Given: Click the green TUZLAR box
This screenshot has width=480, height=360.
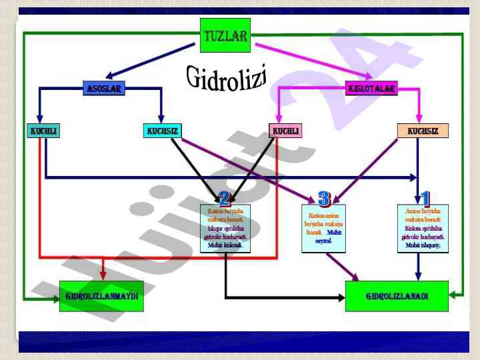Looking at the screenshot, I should [225, 35].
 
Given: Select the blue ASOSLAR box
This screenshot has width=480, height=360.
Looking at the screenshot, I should [105, 89].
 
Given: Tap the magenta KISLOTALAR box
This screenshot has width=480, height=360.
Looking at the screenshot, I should [371, 89].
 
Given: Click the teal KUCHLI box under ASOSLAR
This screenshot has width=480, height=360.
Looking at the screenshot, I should [44, 131].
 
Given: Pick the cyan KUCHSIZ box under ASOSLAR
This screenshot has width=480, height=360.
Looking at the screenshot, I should [163, 131].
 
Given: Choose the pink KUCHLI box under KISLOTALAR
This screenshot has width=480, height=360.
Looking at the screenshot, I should [285, 131].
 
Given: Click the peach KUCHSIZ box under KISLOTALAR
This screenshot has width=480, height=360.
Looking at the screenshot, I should [423, 131].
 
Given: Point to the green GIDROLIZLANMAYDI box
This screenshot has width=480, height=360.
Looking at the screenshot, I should [101, 296].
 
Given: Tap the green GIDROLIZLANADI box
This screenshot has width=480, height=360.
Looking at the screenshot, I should [397, 296].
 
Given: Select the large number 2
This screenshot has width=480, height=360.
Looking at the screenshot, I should [225, 198].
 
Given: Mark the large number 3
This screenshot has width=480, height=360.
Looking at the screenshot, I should [324, 198].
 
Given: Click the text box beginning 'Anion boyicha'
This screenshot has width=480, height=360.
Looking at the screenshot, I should [423, 228].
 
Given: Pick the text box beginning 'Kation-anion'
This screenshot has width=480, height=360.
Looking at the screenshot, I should [323, 228].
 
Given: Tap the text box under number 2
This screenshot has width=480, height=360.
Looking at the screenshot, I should [225, 228].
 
